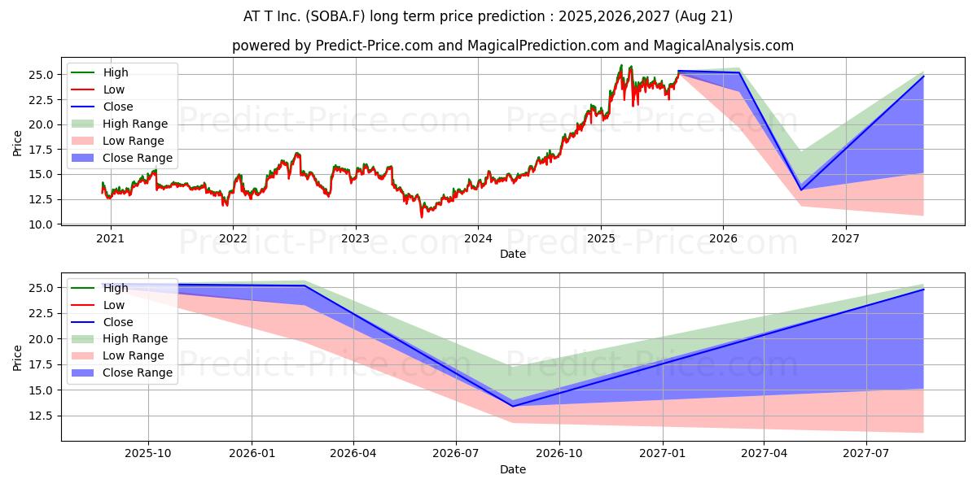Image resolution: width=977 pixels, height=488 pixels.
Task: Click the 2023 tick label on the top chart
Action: coord(356,239)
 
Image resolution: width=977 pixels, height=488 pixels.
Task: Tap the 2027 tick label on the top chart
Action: coord(845,239)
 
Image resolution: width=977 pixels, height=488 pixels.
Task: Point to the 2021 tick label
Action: coord(110,239)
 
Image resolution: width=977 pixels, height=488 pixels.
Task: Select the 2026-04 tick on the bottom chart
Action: coord(353,454)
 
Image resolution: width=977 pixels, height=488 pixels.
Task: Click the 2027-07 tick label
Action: coord(865,454)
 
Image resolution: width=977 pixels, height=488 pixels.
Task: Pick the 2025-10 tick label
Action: coord(148,454)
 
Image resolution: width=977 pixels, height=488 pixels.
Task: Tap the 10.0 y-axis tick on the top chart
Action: coord(41,224)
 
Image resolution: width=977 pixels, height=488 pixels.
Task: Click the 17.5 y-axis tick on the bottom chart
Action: coord(41,364)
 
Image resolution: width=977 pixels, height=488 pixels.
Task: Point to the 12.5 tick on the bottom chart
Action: coord(41,416)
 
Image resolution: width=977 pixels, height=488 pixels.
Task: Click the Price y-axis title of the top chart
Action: coord(17,143)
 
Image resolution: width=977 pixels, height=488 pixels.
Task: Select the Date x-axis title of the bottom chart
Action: coord(512,470)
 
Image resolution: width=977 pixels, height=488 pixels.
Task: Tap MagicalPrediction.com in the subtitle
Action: coord(543,46)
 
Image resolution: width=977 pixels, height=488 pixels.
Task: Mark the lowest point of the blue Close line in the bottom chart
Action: coord(513,407)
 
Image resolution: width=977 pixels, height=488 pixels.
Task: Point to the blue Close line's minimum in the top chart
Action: coord(801,190)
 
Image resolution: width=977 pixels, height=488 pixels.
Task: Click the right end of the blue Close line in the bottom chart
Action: coord(923,290)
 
